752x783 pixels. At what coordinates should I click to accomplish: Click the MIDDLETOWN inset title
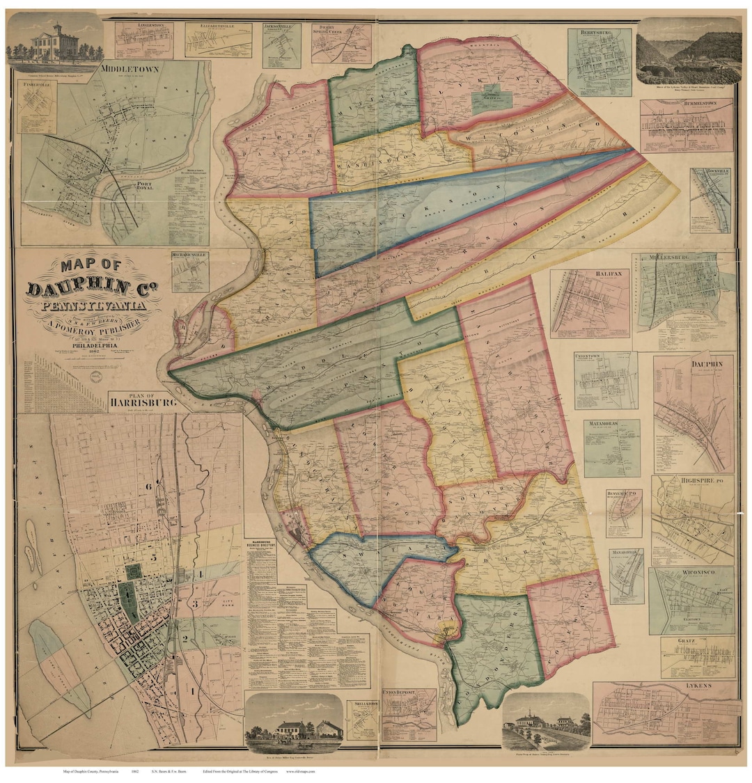(130, 69)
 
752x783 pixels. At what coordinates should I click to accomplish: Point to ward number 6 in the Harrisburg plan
(148, 485)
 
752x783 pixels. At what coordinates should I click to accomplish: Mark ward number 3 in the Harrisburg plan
(195, 603)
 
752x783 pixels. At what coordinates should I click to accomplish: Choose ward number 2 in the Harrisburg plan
(185, 638)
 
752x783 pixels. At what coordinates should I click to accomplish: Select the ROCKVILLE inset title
(710, 172)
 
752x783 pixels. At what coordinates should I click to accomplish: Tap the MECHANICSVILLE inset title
(189, 255)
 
